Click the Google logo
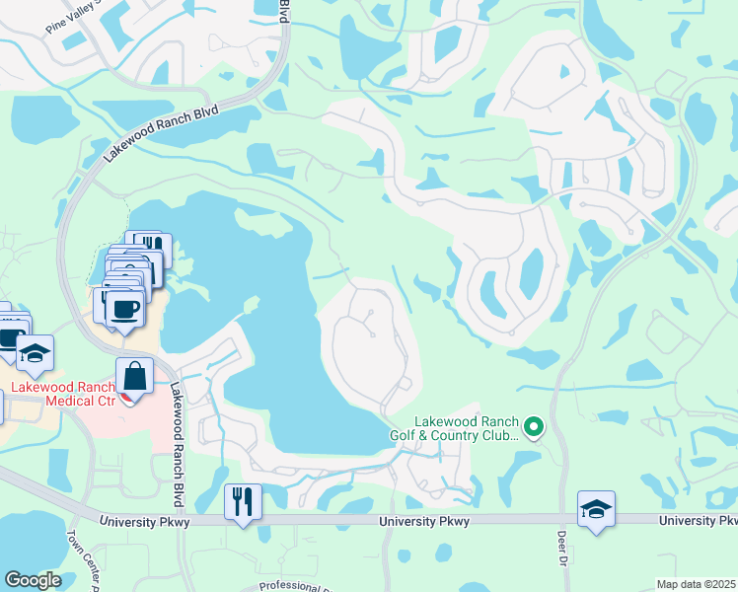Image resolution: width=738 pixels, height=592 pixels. click(x=34, y=579)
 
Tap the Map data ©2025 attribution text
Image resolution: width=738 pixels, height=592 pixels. click(x=696, y=584)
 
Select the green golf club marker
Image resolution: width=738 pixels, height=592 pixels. click(x=534, y=427)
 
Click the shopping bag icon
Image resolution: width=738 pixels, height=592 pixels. click(x=134, y=377)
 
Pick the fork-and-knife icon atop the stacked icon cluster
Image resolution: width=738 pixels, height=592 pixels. click(x=149, y=246)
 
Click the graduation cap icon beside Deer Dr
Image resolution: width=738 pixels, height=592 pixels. click(x=596, y=508)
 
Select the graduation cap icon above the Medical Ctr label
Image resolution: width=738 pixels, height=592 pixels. click(x=35, y=353)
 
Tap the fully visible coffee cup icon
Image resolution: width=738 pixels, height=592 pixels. click(x=123, y=307)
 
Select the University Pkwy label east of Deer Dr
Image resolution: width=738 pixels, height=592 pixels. click(x=697, y=520)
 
